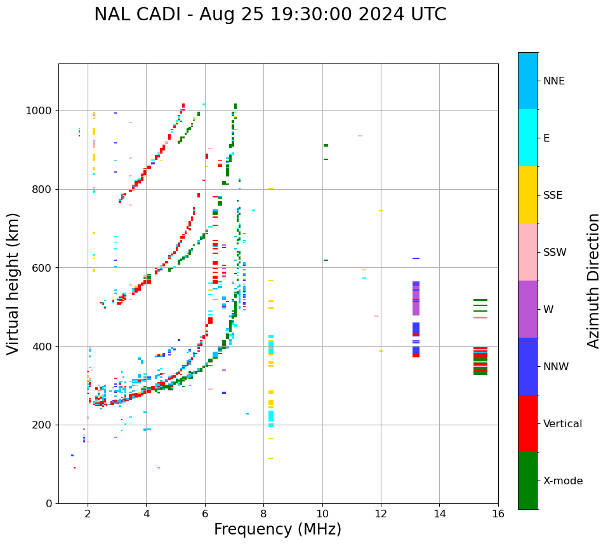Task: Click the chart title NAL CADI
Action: coord(270,15)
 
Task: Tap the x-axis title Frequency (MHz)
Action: coord(277,529)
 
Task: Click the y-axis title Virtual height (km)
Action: coord(14,283)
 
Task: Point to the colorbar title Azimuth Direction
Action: coord(593,280)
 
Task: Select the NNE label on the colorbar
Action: coord(553,81)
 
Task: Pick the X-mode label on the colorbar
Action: coord(563,481)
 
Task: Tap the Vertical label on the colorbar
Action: coord(562,424)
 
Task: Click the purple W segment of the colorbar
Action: coord(527,309)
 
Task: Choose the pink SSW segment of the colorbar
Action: coord(527,252)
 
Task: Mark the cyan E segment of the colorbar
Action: coord(527,138)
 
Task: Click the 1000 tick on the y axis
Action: coord(41,111)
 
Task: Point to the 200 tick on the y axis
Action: coord(44,425)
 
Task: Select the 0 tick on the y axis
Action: coord(49,503)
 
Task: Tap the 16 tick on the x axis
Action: coord(498,514)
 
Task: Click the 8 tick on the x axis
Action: coord(263,514)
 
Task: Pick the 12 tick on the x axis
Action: coord(381,514)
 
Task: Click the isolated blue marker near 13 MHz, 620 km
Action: coord(416,258)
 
